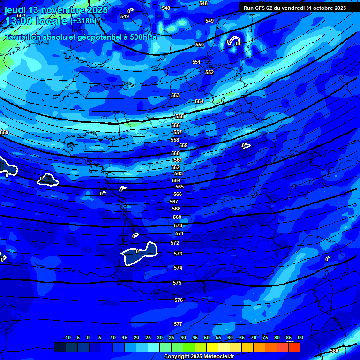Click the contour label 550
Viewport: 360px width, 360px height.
pos(200,45)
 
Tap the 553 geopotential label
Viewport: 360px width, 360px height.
pos(175,95)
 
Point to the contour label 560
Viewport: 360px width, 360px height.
pos(175,153)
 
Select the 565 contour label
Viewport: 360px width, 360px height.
pos(180,187)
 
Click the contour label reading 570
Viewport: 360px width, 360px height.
pos(178,225)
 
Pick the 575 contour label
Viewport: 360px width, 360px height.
pos(177,283)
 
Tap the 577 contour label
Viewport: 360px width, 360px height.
pos(178,324)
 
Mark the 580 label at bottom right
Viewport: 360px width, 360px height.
pos(334,351)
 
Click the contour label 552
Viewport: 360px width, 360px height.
pos(210,72)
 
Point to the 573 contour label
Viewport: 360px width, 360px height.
pos(178,254)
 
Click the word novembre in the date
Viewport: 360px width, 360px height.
pos(61,10)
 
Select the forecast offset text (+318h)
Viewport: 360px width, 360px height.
pos(83,21)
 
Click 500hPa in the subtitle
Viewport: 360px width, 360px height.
pos(141,37)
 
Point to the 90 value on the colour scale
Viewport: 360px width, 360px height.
pos(300,337)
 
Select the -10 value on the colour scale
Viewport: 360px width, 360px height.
pos(67,337)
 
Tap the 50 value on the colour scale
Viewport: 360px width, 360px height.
pos(207,337)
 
